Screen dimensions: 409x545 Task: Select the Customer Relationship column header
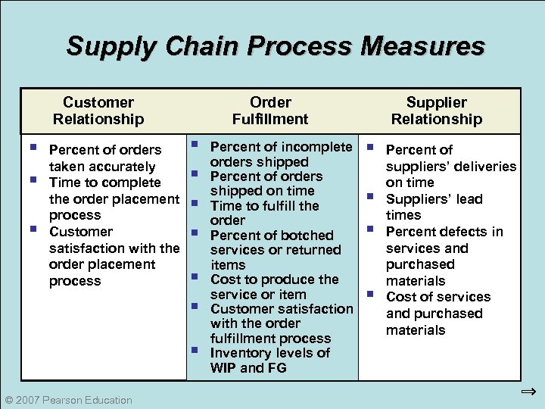click(x=98, y=111)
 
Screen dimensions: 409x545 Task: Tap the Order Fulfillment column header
click(x=270, y=111)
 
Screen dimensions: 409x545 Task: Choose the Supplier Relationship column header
click(x=436, y=111)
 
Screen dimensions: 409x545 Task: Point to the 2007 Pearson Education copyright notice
click(x=68, y=400)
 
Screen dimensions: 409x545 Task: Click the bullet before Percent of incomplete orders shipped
click(x=195, y=143)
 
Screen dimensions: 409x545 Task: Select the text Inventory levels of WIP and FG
click(x=269, y=361)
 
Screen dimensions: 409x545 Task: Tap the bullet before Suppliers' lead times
click(x=370, y=196)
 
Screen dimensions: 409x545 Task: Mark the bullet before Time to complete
click(x=33, y=180)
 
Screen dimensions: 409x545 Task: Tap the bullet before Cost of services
click(x=370, y=294)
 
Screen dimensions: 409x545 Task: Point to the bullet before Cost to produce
click(x=195, y=276)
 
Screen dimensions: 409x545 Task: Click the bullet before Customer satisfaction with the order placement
click(x=33, y=229)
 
